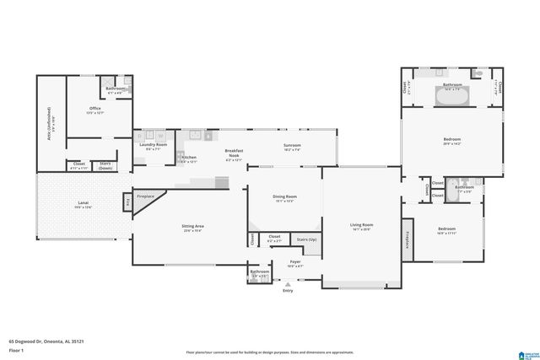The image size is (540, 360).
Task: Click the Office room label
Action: pyautogui.click(x=95, y=109)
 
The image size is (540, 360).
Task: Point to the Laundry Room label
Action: pyautogui.click(x=154, y=145)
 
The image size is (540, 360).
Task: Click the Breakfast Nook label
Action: pyautogui.click(x=234, y=153)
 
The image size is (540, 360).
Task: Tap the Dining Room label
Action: pyautogui.click(x=284, y=197)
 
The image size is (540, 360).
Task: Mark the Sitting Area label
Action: pyautogui.click(x=193, y=226)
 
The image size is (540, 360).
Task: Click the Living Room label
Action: pyautogui.click(x=362, y=225)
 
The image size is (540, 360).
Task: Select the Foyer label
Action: pyautogui.click(x=295, y=262)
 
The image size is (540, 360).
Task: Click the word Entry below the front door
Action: pyautogui.click(x=288, y=291)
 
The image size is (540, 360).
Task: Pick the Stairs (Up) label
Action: pyautogui.click(x=307, y=240)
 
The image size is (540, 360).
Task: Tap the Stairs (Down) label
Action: pyautogui.click(x=106, y=165)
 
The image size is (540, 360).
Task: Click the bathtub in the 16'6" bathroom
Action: pyautogui.click(x=451, y=96)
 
